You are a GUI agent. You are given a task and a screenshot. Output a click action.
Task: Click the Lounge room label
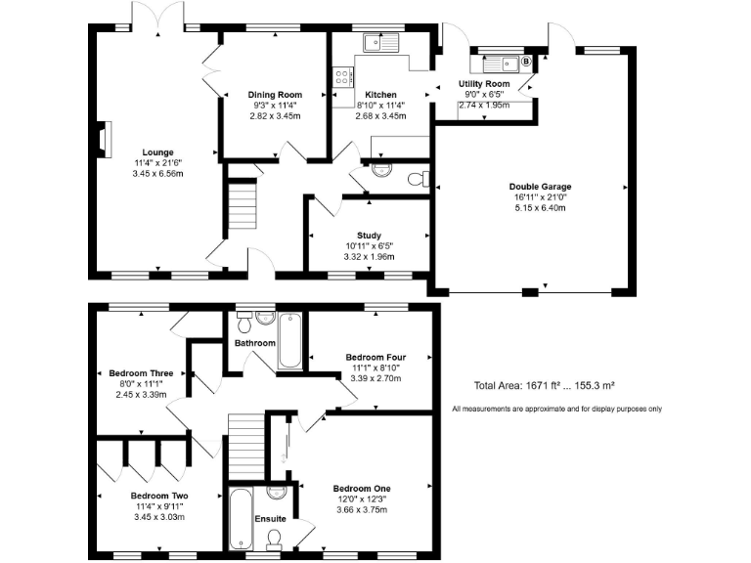[157, 152]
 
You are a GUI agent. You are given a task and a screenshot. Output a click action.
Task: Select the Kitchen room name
[380, 95]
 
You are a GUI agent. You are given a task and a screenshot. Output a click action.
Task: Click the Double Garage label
[540, 187]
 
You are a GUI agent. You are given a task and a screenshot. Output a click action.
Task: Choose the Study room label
[369, 236]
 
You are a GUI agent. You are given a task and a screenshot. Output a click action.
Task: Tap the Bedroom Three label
[141, 373]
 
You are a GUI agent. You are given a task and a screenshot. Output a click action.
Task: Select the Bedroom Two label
[159, 496]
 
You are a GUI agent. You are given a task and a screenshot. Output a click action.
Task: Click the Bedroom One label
[362, 488]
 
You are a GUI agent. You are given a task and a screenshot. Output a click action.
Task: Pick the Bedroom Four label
[370, 357]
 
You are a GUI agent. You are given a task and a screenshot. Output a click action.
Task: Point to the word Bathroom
[254, 343]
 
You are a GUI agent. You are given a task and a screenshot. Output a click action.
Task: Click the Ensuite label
[270, 518]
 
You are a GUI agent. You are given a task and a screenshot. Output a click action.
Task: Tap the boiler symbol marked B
[525, 62]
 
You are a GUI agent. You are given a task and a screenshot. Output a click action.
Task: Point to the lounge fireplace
[102, 138]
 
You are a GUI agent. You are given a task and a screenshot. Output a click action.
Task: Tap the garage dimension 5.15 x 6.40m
[540, 207]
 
